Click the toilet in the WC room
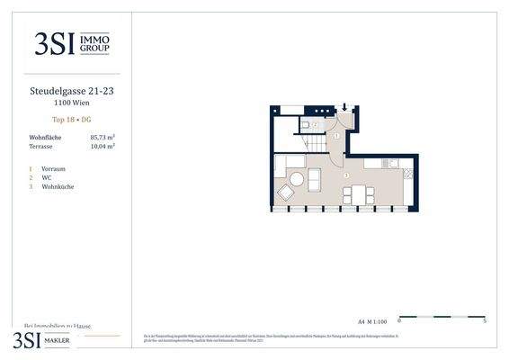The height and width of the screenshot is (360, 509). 306,123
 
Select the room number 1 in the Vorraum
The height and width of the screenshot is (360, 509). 336,135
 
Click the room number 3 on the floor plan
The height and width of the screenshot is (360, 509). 346,175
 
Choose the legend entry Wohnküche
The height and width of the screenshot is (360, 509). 57,186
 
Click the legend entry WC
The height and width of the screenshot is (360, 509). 46,177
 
